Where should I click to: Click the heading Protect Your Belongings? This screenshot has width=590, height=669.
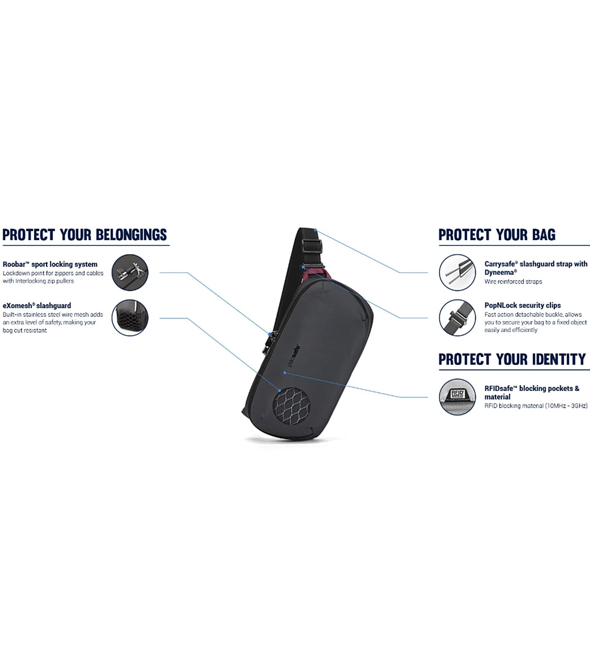pos(84,235)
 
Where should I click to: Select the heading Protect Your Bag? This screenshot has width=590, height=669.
pos(497,235)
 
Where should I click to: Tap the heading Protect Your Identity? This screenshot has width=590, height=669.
pos(512,359)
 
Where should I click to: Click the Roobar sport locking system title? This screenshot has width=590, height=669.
pos(50,264)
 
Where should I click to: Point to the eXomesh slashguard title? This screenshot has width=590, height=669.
pos(37,306)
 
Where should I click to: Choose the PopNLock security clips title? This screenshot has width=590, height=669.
pos(522,305)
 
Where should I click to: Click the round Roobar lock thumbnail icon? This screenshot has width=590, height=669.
pos(130,272)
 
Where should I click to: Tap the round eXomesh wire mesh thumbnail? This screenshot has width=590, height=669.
pos(130,318)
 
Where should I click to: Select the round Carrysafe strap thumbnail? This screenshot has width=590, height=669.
pos(457,272)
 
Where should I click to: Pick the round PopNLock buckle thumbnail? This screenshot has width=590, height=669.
pos(457,318)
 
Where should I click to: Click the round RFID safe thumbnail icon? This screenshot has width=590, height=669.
pos(457,397)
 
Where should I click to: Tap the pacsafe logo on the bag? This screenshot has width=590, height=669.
pos(294,356)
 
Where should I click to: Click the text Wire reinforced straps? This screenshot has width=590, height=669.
pos(513,282)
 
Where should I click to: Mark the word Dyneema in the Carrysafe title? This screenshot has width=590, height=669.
pos(499,273)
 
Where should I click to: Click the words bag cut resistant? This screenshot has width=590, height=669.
pos(25,331)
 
